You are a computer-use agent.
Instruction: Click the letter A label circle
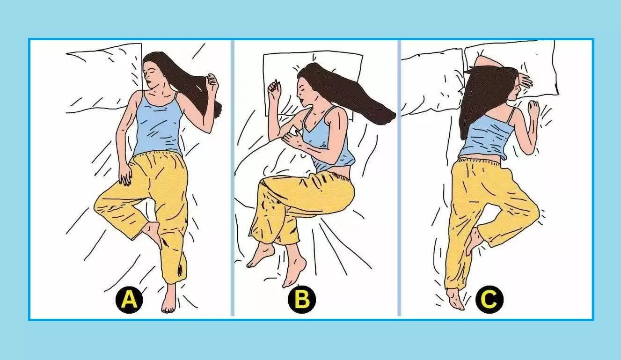click(x=129, y=300)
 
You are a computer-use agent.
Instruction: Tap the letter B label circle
click(x=302, y=300)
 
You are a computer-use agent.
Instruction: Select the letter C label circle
click(x=489, y=300)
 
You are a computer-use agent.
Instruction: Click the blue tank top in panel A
click(x=159, y=125)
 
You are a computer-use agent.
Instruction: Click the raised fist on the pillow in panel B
click(x=274, y=87)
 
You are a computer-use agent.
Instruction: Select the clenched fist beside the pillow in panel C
click(x=533, y=108)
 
